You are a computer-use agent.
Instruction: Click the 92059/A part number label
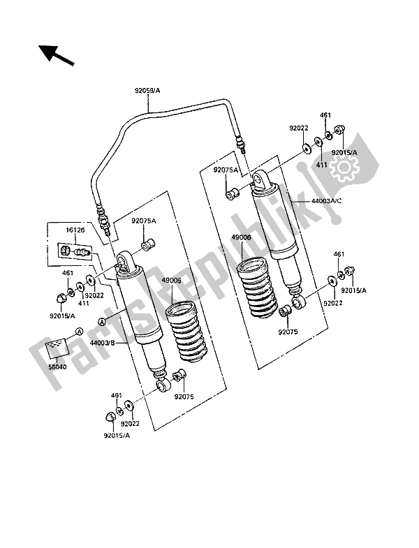[x=147, y=91]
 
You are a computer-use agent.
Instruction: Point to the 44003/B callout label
[x=103, y=343]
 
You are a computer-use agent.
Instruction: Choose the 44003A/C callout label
[x=326, y=202]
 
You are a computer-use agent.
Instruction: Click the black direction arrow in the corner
[x=57, y=55]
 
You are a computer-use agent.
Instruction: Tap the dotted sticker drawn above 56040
[x=56, y=347]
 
